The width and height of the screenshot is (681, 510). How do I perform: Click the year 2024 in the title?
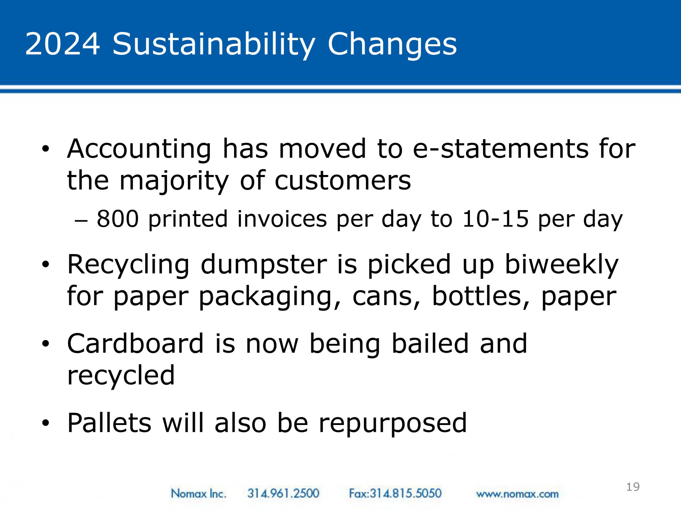[62, 44]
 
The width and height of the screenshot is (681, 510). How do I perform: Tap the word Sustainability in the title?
[214, 45]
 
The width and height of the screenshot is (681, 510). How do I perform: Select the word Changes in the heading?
[392, 45]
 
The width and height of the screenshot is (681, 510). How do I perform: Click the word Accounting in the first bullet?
[139, 149]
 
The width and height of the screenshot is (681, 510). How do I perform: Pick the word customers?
[343, 181]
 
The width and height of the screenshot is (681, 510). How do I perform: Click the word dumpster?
[264, 265]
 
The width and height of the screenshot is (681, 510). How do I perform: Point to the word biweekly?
[562, 265]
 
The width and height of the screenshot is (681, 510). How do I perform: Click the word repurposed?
[393, 424]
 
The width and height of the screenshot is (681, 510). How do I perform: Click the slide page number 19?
[633, 487]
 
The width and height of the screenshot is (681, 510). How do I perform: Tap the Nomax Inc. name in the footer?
[198, 493]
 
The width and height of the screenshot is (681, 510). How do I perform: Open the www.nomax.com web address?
[517, 494]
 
